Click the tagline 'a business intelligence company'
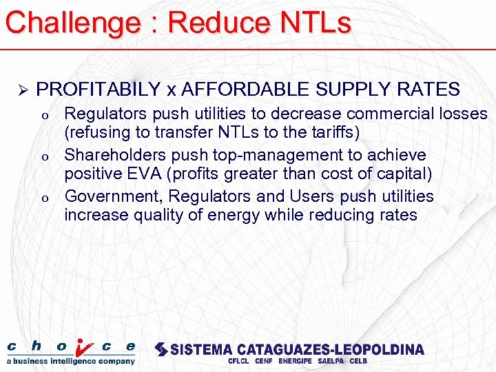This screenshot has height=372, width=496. (x=71, y=361)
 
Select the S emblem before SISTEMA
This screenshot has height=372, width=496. (x=161, y=349)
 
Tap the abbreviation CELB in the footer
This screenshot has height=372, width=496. (x=358, y=361)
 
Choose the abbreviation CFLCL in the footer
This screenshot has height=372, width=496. (x=238, y=361)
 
